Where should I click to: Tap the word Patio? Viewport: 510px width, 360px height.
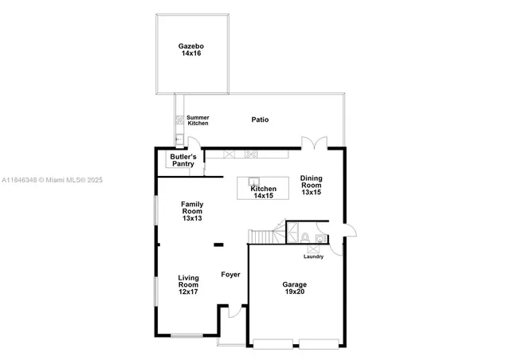[260, 119]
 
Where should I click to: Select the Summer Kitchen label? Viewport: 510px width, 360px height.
[198, 120]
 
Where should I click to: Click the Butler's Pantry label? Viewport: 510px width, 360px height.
[182, 160]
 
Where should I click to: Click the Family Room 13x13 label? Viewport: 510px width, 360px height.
[192, 210]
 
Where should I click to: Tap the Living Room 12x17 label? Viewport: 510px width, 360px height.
[188, 284]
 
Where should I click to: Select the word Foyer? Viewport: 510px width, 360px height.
[230, 275]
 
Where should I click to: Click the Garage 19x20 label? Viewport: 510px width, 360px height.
[294, 288]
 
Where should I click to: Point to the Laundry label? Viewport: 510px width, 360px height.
[313, 256]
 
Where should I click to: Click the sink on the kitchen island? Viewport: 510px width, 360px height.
[253, 181]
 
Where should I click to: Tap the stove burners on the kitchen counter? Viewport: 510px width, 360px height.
[252, 154]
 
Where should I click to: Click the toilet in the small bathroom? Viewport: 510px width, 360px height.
[306, 237]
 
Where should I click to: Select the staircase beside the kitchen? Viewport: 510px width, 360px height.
[261, 237]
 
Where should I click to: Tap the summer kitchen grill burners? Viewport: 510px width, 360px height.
[179, 122]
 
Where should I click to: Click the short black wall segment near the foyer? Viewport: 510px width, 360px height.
[218, 245]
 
